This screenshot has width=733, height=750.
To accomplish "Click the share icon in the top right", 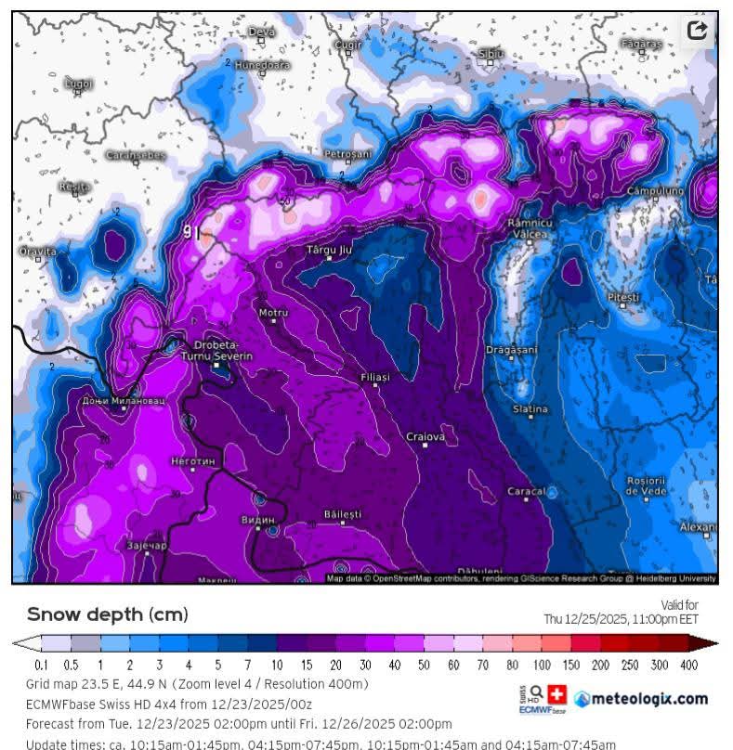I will [697, 31].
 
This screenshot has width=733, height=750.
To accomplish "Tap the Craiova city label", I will [425, 436].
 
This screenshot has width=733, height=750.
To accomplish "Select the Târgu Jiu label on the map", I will [329, 250].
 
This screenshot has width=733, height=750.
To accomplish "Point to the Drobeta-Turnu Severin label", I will [222, 352].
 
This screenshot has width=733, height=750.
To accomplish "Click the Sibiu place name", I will [491, 54].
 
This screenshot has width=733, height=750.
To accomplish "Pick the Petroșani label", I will [347, 153].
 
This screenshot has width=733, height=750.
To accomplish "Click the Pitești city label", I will [623, 296].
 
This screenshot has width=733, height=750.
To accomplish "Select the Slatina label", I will [530, 409].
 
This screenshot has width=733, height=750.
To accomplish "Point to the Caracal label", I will [526, 490].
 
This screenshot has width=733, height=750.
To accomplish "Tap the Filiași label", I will [374, 377].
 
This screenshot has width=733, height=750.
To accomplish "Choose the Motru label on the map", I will [273, 313].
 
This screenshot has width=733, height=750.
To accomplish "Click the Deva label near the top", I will [262, 32].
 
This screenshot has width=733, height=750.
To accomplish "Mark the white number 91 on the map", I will [191, 232].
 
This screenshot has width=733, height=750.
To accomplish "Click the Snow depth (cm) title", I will [107, 614].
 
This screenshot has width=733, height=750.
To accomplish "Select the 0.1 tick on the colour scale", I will [41, 665].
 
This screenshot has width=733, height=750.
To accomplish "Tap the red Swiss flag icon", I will [556, 694].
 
